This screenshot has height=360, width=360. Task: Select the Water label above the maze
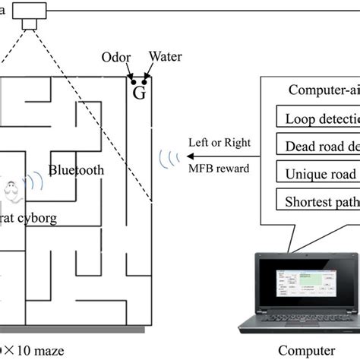pyautogui.click(x=165, y=56)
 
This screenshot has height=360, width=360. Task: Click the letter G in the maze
pyautogui.click(x=139, y=92)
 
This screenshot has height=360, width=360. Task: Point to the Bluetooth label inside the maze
pyautogui.click(x=76, y=170)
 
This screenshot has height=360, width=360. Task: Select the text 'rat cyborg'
pyautogui.click(x=30, y=217)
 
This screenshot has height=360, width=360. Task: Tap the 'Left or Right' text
pyautogui.click(x=219, y=142)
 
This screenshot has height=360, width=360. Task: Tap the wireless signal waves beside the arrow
pyautogui.click(x=168, y=157)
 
